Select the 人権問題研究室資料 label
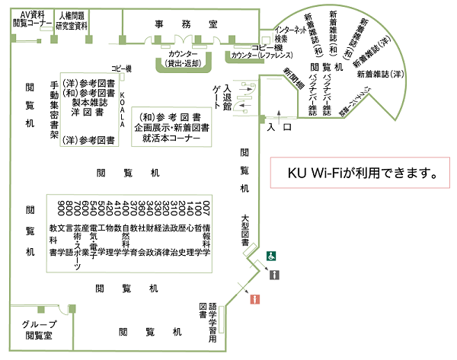pos(72,21)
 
